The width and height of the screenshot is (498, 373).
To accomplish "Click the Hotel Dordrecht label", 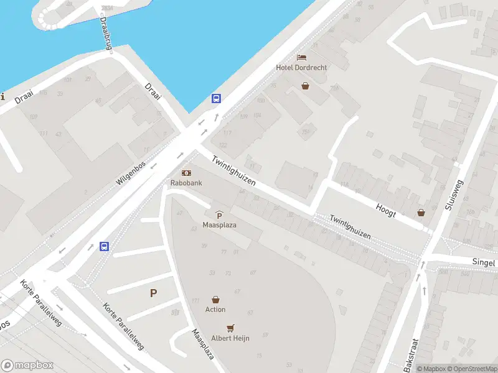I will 302,67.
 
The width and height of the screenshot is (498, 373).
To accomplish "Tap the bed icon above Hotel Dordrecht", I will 302,57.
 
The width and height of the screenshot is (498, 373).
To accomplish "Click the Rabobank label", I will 186,183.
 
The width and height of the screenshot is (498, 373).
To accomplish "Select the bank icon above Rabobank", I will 186,173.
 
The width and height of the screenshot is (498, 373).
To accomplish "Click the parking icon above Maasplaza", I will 219,215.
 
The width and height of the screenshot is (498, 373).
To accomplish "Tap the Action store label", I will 215,310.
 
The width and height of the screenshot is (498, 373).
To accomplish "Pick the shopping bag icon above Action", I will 215,300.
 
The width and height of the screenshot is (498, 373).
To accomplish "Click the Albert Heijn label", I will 231,338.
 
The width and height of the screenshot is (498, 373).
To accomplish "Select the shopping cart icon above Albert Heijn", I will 231,328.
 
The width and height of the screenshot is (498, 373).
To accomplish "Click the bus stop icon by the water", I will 216,98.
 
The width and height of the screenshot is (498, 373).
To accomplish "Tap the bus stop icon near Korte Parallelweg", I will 105,246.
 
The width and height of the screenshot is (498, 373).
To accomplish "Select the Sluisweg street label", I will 455,195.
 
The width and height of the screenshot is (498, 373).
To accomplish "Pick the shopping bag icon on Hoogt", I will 421,213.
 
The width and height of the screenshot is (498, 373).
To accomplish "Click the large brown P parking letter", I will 153,293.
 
